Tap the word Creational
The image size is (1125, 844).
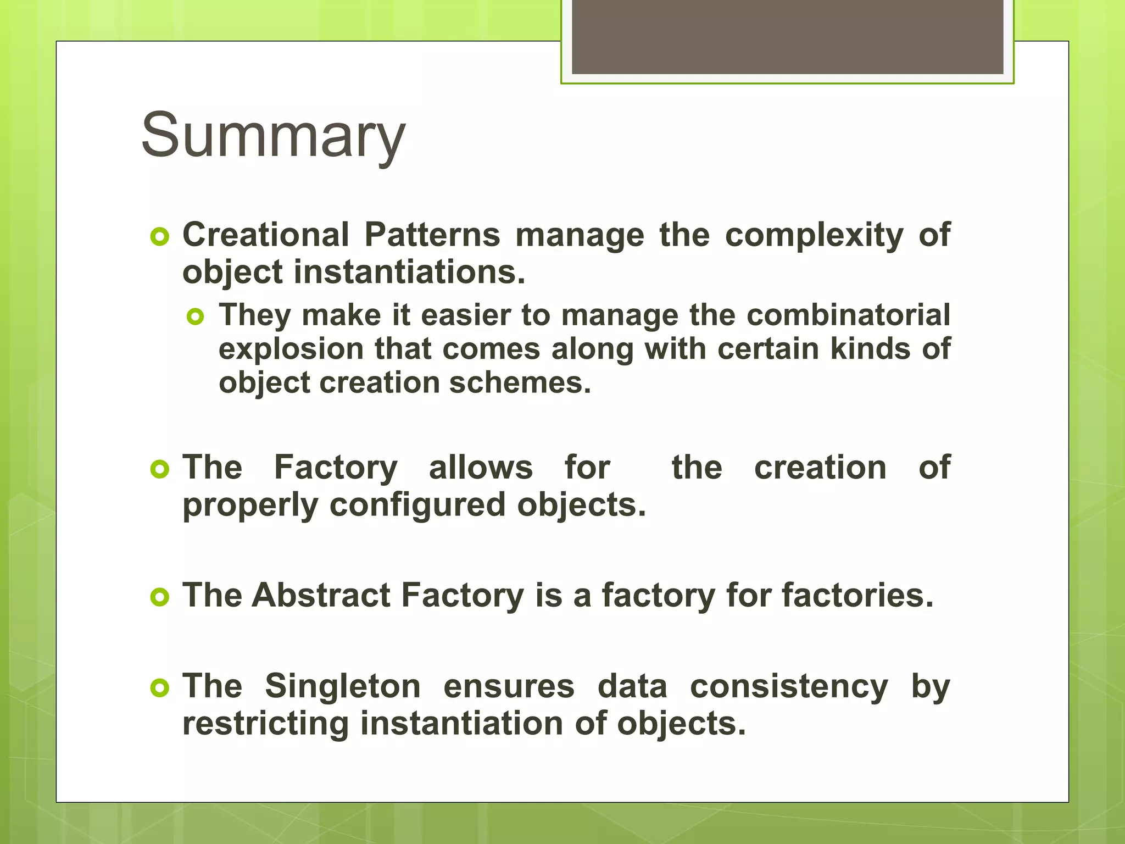click(x=266, y=235)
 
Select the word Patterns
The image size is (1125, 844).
click(x=432, y=235)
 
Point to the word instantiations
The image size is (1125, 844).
click(x=409, y=273)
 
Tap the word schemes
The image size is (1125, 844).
click(x=520, y=383)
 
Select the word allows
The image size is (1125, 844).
click(x=481, y=468)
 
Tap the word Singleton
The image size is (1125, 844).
click(x=343, y=687)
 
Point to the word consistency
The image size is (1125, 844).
click(x=789, y=687)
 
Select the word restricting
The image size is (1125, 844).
click(x=265, y=724)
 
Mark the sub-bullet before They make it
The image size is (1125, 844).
click(x=196, y=316)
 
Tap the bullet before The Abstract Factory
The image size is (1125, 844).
click(x=159, y=597)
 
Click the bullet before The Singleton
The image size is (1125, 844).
click(x=159, y=688)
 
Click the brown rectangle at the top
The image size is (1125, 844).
click(x=787, y=37)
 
